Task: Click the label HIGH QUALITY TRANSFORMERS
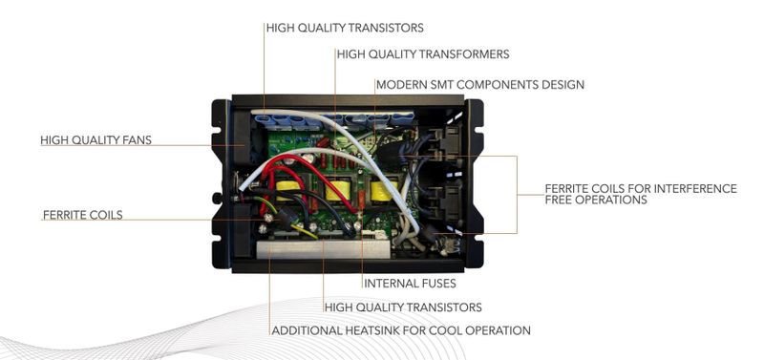pyautogui.click(x=422, y=54)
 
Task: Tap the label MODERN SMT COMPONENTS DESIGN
pyautogui.click(x=479, y=85)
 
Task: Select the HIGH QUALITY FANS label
pyautogui.click(x=95, y=140)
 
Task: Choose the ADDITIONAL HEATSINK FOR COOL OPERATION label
pyautogui.click(x=401, y=330)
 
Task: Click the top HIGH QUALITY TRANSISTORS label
pyautogui.click(x=345, y=28)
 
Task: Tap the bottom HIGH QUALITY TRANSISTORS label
pyautogui.click(x=403, y=307)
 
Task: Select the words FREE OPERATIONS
pyautogui.click(x=596, y=201)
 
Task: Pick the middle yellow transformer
pyautogui.click(x=335, y=195)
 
